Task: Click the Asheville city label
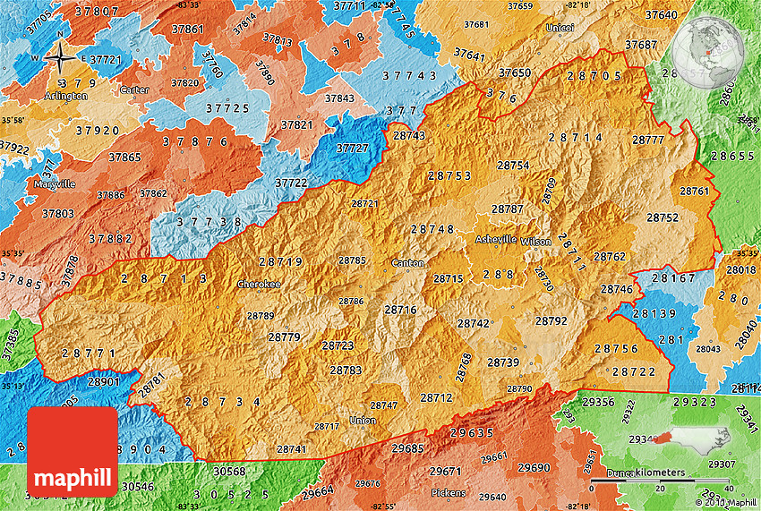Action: [x=495, y=240]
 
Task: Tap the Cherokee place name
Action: [x=259, y=284]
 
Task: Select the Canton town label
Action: [x=407, y=263]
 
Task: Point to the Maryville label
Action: [x=55, y=183]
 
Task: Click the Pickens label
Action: [x=449, y=493]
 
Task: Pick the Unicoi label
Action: [x=560, y=28]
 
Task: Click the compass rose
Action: [x=60, y=58]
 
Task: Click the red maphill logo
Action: [x=73, y=451]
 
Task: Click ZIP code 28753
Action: [x=449, y=175]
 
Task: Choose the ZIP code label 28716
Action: [x=400, y=310]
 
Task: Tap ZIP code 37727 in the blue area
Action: [x=352, y=149]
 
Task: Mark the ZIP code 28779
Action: [x=284, y=336]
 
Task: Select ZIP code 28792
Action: [x=551, y=320]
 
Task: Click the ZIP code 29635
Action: [x=472, y=433]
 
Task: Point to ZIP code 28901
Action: [x=103, y=382]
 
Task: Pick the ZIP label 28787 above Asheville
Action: [x=508, y=209]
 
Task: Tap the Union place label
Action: [x=363, y=421]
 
